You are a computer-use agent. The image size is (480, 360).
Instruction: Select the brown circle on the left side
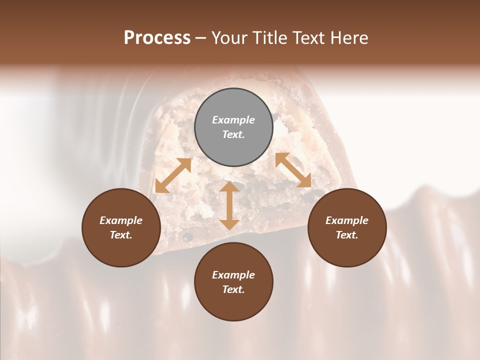click(x=121, y=227)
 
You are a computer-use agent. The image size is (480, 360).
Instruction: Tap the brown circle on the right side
click(x=347, y=227)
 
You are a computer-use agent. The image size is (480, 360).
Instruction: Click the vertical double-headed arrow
click(x=229, y=205)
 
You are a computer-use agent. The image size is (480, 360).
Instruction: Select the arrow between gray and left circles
click(x=173, y=175)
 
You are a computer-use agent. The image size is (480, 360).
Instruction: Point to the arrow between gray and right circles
click(x=293, y=170)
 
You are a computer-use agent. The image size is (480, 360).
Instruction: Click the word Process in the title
click(x=157, y=38)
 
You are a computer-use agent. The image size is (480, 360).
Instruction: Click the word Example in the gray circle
click(x=233, y=120)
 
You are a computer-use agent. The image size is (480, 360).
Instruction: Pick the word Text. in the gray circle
click(x=233, y=134)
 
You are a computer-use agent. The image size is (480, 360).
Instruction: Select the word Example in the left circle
click(x=121, y=220)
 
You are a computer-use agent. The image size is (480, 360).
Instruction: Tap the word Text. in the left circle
click(x=121, y=235)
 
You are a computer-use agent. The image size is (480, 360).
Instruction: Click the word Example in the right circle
click(x=347, y=220)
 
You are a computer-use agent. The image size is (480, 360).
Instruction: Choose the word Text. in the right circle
click(x=347, y=235)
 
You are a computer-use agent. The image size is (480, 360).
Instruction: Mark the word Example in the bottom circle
click(x=233, y=275)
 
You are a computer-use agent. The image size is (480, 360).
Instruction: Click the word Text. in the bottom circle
click(x=233, y=289)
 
